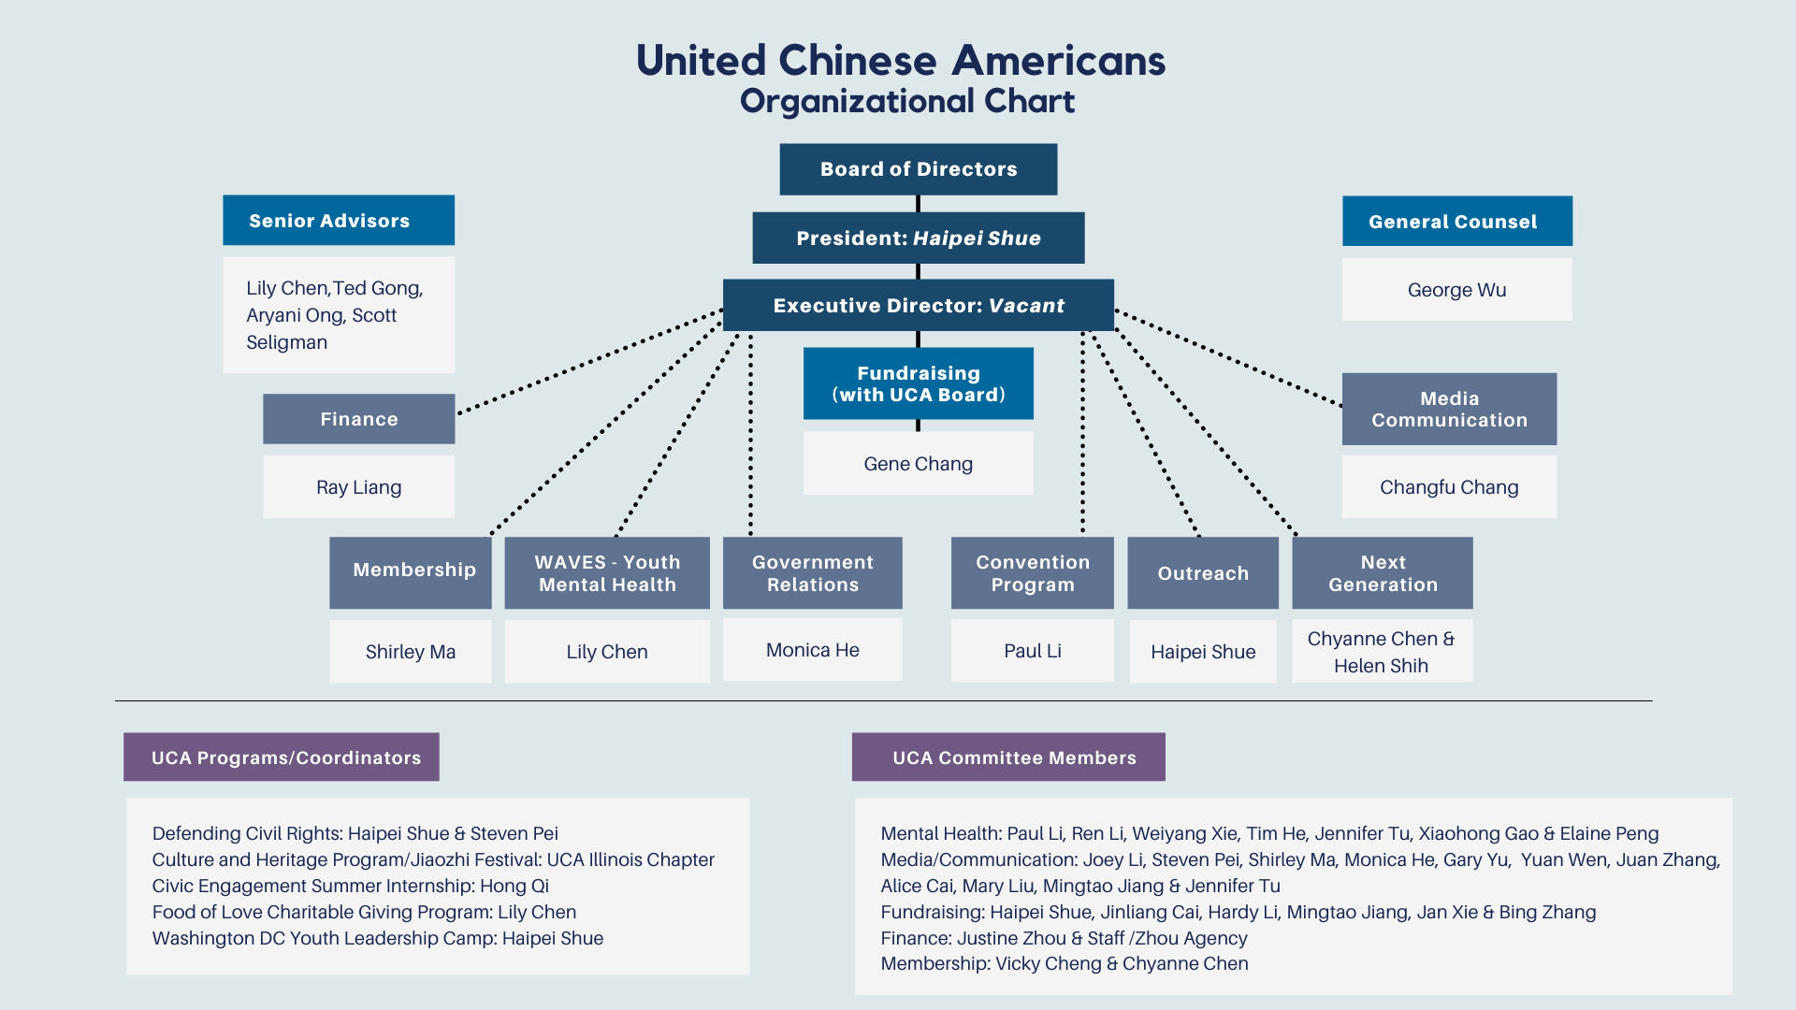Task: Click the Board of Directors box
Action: pyautogui.click(x=918, y=169)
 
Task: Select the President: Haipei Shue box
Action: pyautogui.click(x=918, y=238)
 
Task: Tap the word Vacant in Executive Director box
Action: pyautogui.click(x=1026, y=306)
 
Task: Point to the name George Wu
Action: pyautogui.click(x=1456, y=290)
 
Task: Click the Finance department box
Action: pyautogui.click(x=358, y=419)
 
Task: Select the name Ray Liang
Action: pyautogui.click(x=358, y=487)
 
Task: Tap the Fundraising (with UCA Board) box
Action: pyautogui.click(x=918, y=383)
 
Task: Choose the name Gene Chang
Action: pyautogui.click(x=918, y=464)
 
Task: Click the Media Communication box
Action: pyautogui.click(x=1449, y=410)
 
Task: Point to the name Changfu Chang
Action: pyautogui.click(x=1449, y=487)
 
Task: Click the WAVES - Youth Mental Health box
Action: pyautogui.click(x=606, y=573)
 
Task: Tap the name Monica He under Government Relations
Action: pyautogui.click(x=812, y=650)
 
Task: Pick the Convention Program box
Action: pyautogui.click(x=1032, y=573)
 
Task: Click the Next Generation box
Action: pyautogui.click(x=1382, y=573)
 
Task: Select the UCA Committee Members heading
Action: pyautogui.click(x=1008, y=757)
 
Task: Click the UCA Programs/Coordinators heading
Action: pyautogui.click(x=282, y=757)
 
